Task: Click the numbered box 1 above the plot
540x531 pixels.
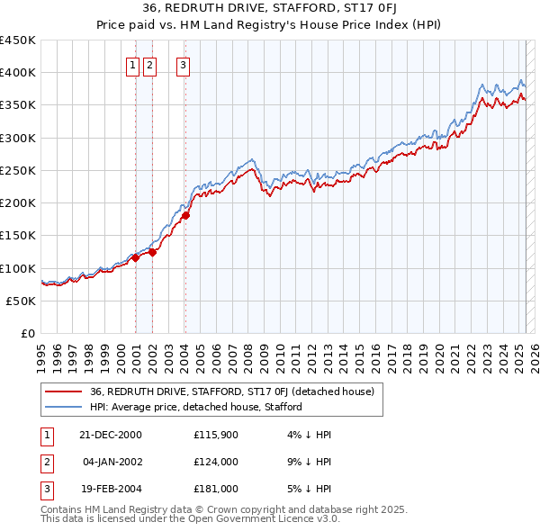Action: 133,65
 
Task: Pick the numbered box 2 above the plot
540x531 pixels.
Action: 149,65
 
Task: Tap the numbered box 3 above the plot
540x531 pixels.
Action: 183,65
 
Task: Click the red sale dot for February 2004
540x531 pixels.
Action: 185,215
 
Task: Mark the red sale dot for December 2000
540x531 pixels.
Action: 135,257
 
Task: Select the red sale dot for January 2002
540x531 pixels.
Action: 152,252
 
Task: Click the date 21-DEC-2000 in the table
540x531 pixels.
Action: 110,435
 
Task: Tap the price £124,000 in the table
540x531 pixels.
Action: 216,462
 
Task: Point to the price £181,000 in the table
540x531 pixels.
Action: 216,489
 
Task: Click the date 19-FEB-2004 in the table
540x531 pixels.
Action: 110,489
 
